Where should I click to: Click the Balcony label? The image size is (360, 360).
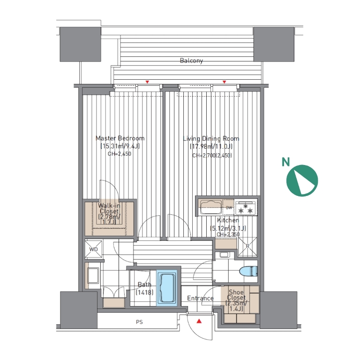pyautogui.click(x=191, y=60)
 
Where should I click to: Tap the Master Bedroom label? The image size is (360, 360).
pyautogui.click(x=120, y=138)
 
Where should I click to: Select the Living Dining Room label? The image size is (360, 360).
pyautogui.click(x=211, y=138)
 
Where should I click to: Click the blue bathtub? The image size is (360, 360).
pyautogui.click(x=167, y=288)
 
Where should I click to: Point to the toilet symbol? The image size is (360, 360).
pyautogui.click(x=248, y=271)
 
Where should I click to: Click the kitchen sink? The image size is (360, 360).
pyautogui.click(x=211, y=207)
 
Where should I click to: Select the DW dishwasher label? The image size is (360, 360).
pyautogui.click(x=229, y=208)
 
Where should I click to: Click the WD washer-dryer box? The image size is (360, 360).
pyautogui.click(x=93, y=249)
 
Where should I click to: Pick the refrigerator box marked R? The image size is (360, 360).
pyautogui.click(x=247, y=247)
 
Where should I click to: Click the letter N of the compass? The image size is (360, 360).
pyautogui.click(x=285, y=162)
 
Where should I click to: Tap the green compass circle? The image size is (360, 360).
pyautogui.click(x=302, y=180)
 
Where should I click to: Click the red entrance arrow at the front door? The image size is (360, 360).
pyautogui.click(x=199, y=321)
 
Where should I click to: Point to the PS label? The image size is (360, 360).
pyautogui.click(x=139, y=322)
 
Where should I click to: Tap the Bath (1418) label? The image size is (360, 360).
pyautogui.click(x=144, y=288)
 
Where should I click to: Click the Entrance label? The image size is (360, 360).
pyautogui.click(x=200, y=298)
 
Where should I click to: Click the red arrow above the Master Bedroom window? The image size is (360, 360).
pyautogui.click(x=147, y=82)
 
